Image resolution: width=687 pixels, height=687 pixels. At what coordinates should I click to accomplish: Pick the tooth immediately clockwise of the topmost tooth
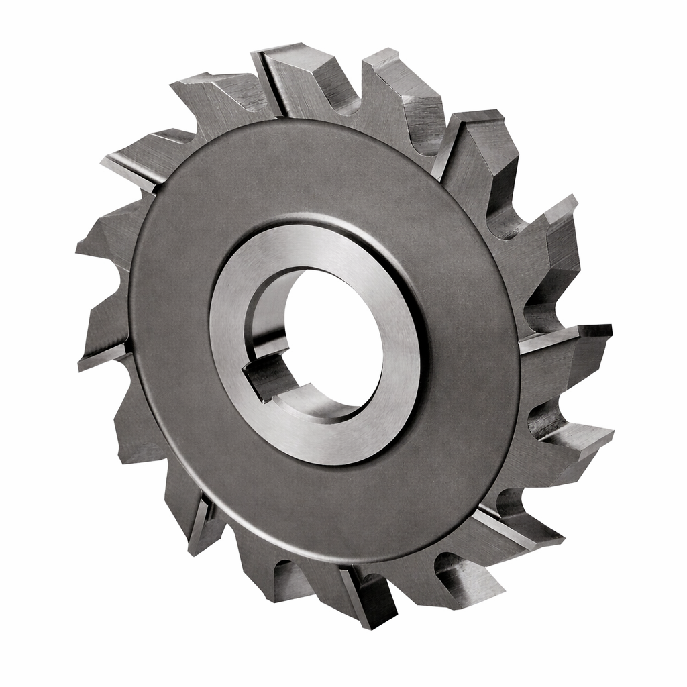click(x=403, y=87)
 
